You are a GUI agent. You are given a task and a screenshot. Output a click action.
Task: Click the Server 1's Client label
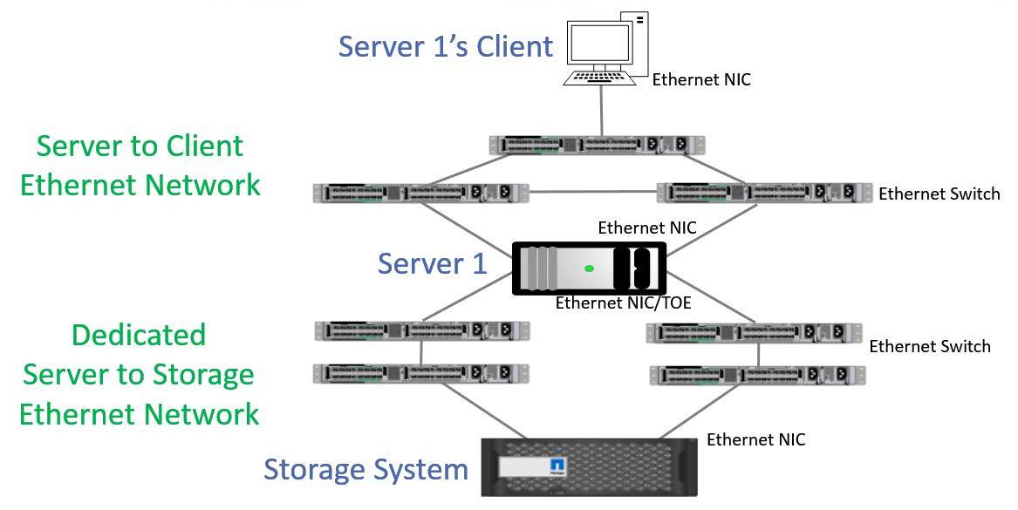[x=446, y=46]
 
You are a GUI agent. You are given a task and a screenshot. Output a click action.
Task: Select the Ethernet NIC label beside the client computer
[x=701, y=79]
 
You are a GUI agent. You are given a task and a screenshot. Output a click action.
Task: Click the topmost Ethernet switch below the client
[x=598, y=145]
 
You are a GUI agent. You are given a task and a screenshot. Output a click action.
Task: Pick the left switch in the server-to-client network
[x=421, y=193]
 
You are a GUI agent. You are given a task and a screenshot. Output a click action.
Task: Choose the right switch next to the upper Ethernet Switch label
[x=764, y=193]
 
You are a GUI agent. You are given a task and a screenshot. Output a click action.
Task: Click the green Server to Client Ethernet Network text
[x=140, y=165]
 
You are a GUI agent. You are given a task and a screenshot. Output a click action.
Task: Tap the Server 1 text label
[x=432, y=263]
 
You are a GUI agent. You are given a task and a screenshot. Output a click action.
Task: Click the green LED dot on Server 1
[x=590, y=268]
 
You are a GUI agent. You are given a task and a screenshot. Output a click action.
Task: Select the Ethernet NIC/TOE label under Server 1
[x=618, y=303]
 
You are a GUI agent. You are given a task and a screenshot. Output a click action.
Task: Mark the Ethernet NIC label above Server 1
[x=646, y=228]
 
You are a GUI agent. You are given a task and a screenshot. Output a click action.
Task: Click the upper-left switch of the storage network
[x=422, y=330]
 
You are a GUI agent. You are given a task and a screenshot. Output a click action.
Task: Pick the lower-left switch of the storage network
[x=422, y=373]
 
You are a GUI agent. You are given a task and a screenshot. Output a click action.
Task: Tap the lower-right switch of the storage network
[x=758, y=375]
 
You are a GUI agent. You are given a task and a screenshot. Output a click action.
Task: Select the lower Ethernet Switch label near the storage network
[x=930, y=346]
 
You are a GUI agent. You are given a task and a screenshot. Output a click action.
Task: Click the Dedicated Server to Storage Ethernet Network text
[x=140, y=374]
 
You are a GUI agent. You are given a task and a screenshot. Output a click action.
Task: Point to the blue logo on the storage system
[x=558, y=467]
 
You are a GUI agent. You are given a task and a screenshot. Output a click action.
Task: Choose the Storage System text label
[x=366, y=469]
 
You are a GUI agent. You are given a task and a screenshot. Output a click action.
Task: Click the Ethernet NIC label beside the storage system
[x=755, y=439]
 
